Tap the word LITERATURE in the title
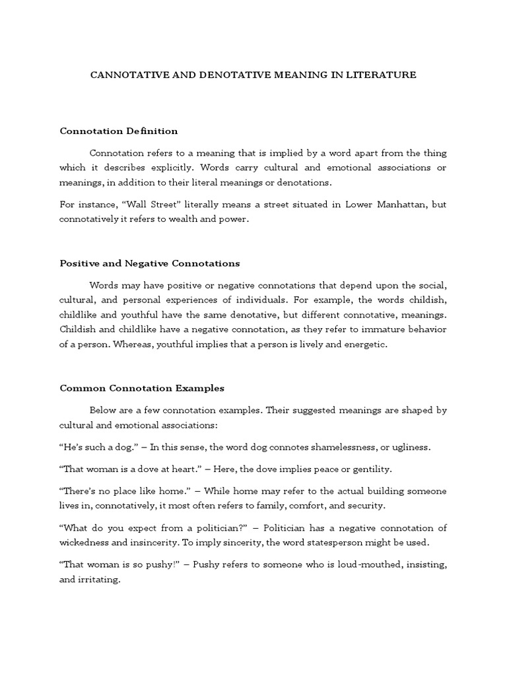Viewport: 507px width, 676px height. (x=384, y=75)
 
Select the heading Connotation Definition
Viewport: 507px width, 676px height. (x=119, y=131)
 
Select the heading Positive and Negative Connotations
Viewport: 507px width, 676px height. (x=150, y=263)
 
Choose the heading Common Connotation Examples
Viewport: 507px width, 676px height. (x=142, y=388)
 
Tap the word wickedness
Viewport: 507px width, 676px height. (x=85, y=543)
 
